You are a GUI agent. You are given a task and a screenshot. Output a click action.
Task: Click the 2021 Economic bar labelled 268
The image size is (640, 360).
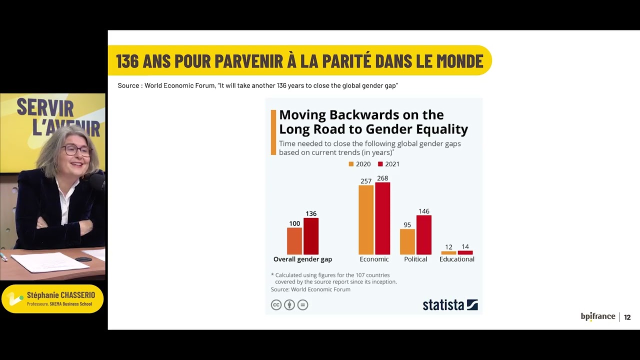(x=382, y=218)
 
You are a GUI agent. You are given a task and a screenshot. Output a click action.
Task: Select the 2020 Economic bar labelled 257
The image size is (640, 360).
(x=366, y=220)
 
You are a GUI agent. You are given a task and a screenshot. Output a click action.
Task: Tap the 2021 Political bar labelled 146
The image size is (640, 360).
(x=423, y=235)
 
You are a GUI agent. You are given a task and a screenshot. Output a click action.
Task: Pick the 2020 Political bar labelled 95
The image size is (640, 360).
(x=407, y=242)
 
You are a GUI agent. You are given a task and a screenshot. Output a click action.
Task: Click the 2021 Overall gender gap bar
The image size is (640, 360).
(x=311, y=236)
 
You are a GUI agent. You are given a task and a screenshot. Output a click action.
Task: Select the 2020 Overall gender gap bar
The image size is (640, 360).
(x=294, y=241)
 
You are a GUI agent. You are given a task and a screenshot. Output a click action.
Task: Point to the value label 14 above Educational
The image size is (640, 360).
(x=465, y=247)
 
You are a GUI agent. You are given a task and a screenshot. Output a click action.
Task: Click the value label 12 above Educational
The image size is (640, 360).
(x=448, y=247)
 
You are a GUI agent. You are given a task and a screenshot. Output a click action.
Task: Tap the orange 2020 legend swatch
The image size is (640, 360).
(x=351, y=164)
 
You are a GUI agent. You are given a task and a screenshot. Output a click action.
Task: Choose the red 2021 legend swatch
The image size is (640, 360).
(x=380, y=164)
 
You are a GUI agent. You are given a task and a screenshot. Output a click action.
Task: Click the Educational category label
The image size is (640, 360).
(x=457, y=259)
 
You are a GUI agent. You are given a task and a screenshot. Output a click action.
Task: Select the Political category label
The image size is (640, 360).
(x=415, y=259)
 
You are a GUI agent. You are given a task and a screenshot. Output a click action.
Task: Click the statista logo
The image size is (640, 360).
(x=450, y=305)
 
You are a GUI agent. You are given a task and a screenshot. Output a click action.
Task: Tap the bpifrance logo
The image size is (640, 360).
(x=598, y=317)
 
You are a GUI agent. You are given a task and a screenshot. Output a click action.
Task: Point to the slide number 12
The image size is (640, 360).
(x=627, y=317)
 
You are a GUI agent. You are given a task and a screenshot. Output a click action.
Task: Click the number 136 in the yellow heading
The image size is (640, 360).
(x=127, y=61)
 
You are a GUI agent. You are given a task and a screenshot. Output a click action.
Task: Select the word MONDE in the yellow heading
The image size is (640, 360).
(x=459, y=61)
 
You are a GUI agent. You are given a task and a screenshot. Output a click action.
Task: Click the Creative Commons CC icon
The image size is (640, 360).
(x=276, y=305)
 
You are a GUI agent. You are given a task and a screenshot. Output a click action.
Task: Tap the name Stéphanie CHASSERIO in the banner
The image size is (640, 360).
(x=60, y=295)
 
